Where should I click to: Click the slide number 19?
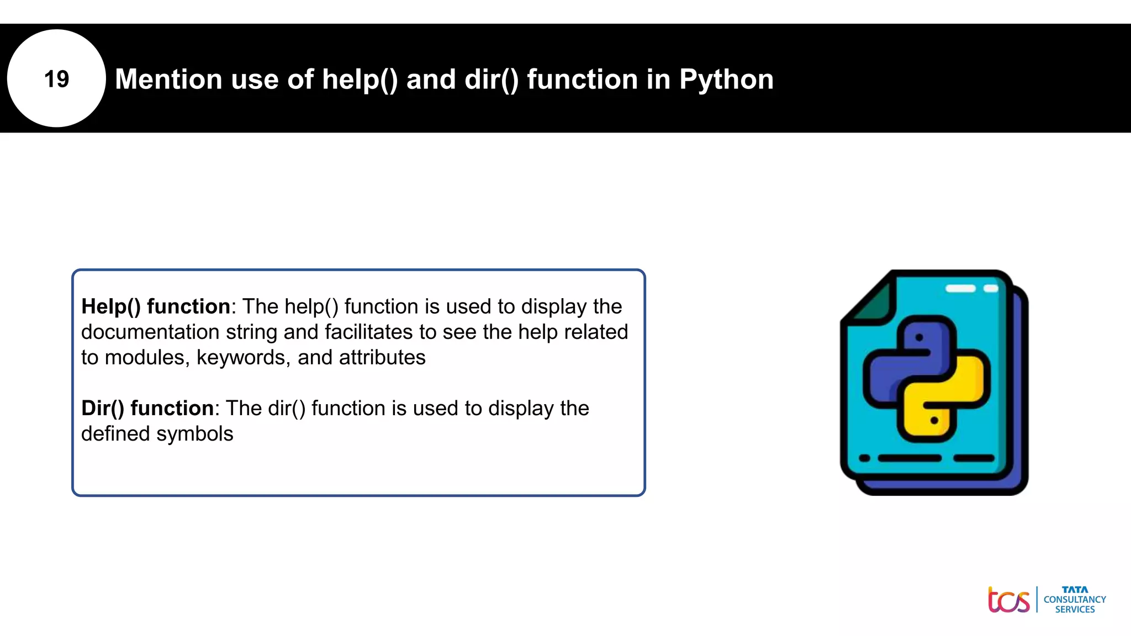point(56,79)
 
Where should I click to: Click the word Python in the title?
point(726,79)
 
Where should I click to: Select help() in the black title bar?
point(360,79)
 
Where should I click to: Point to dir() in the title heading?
point(491,79)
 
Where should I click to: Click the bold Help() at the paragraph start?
point(111,306)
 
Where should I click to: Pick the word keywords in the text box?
point(243,358)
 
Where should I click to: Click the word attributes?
point(382,358)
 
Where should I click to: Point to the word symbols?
point(202,434)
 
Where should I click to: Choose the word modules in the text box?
point(147,358)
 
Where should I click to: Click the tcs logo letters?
point(1008,600)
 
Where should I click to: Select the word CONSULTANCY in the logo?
point(1075,600)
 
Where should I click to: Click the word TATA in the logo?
point(1075,590)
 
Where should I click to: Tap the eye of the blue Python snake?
point(919,337)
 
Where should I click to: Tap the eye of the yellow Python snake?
point(934,421)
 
